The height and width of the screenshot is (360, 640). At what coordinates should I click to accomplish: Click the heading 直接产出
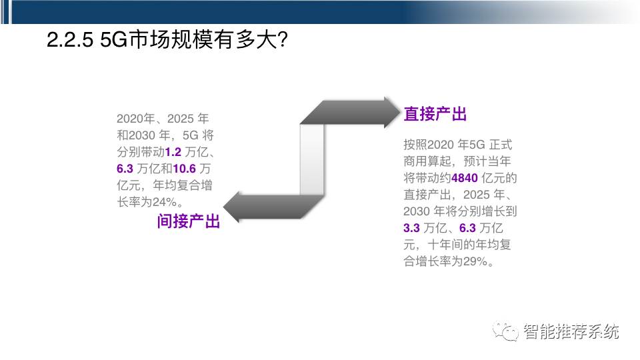click(x=435, y=115)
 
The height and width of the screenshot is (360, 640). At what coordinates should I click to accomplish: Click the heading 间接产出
click(x=189, y=221)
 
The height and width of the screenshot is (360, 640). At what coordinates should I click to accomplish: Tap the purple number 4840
click(x=465, y=179)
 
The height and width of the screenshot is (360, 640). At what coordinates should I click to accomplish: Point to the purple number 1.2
click(x=173, y=152)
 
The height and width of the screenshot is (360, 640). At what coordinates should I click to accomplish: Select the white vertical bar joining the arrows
click(x=311, y=160)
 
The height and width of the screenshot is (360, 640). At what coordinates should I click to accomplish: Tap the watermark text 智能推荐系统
click(x=571, y=331)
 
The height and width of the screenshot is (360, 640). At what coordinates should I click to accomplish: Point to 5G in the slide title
click(x=113, y=41)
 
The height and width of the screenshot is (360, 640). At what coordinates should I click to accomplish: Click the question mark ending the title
click(x=281, y=41)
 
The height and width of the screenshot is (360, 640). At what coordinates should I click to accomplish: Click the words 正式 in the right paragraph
click(x=501, y=145)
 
